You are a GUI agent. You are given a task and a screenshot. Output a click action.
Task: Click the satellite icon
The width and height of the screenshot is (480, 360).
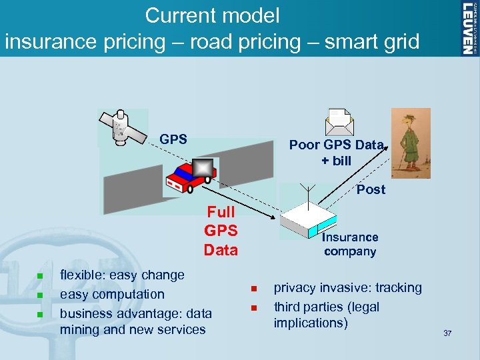pos(122,127)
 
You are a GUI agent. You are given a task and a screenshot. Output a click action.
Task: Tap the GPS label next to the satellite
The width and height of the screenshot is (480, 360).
pos(173,139)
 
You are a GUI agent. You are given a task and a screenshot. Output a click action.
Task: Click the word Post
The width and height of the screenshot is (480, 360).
pos(371,189)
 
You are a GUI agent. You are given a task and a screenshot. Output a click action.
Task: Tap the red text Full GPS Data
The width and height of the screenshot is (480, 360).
pos(221,231)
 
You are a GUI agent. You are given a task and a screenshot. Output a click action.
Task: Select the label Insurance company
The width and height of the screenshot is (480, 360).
pos(350,244)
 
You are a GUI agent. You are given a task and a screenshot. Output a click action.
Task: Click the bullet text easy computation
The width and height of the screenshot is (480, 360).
pos(112,294)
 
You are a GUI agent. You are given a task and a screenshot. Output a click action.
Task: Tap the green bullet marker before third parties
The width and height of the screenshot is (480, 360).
pos(253,308)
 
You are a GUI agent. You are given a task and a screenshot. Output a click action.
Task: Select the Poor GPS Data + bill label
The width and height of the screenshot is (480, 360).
pos(336,153)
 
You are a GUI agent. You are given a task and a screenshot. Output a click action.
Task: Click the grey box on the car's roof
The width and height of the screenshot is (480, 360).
pos(203,168)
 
